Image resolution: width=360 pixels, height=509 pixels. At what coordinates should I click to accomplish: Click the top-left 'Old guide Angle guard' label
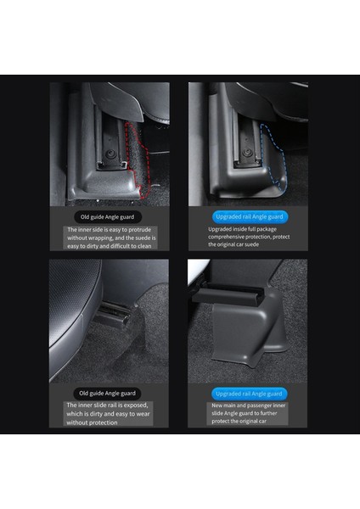pyautogui.click(x=108, y=216)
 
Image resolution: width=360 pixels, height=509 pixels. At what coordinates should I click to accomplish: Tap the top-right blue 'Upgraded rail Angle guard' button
pyautogui.click(x=245, y=216)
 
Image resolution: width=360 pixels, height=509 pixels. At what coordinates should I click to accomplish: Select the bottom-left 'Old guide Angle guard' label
pyautogui.click(x=108, y=393)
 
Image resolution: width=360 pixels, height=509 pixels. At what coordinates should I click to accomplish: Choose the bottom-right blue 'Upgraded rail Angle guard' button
pyautogui.click(x=245, y=394)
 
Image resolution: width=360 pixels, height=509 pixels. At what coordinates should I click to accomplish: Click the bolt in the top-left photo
pyautogui.click(x=111, y=156)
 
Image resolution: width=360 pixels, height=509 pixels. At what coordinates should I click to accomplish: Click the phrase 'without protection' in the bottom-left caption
pyautogui.click(x=96, y=422)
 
